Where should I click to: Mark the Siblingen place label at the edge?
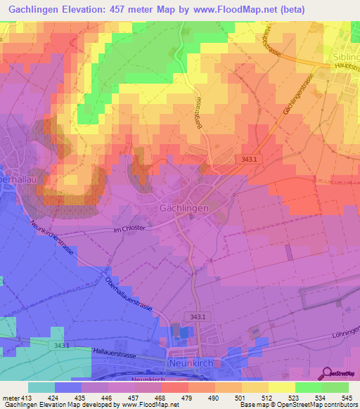click(x=345, y=54)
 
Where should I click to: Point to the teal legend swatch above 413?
click(x=41, y=387)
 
